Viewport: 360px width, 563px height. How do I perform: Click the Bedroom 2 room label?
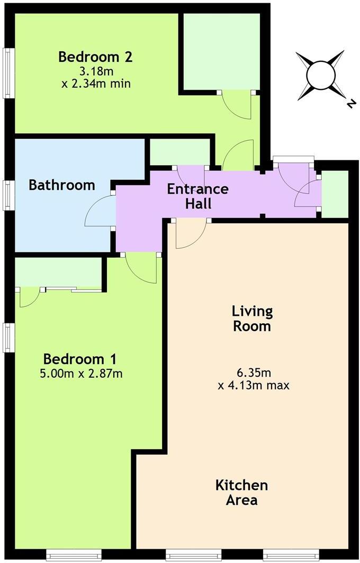[95, 56]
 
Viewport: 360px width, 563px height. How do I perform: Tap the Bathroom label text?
[62, 185]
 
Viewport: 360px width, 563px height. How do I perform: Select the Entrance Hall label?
[197, 196]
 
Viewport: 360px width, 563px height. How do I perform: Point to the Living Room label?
[252, 318]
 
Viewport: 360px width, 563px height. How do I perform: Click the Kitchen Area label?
[241, 492]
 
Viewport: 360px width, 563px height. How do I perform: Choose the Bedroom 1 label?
[80, 359]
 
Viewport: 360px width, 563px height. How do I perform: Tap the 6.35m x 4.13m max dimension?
[253, 378]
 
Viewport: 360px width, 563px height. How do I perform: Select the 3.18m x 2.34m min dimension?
[95, 77]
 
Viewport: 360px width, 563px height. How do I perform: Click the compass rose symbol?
[320, 76]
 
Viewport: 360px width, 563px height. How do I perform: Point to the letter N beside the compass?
[349, 104]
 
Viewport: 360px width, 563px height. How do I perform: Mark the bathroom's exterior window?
[8, 195]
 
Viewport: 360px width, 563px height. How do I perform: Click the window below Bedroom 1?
[66, 555]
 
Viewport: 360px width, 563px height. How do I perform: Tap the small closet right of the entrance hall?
[335, 194]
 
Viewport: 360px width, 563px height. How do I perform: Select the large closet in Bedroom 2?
[221, 51]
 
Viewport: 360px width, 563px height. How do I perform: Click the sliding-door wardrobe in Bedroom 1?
[58, 273]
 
